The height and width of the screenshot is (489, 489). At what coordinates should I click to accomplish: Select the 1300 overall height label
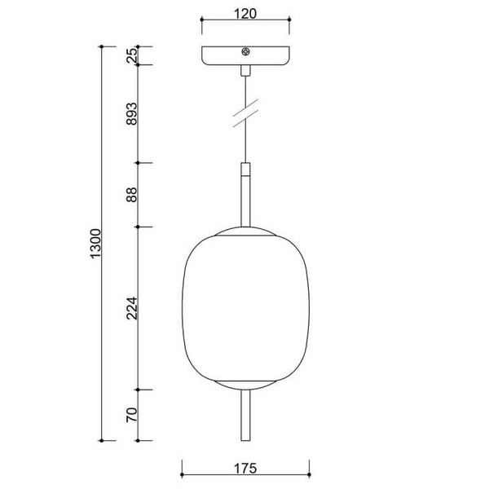(95, 244)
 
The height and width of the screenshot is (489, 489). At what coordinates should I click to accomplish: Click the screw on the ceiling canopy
(244, 53)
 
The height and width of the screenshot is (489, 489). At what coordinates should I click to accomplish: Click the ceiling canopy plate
(244, 57)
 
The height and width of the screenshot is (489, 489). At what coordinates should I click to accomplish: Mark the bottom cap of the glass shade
(244, 385)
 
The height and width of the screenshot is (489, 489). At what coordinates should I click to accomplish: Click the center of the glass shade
(244, 307)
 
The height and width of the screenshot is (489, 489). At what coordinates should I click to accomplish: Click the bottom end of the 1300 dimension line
(101, 438)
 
